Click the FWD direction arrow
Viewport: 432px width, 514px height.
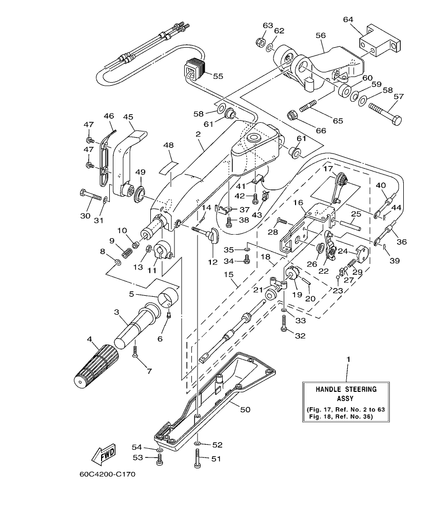click(x=103, y=453)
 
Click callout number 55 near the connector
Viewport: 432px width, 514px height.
click(x=218, y=76)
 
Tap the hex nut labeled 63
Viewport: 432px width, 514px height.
click(x=260, y=41)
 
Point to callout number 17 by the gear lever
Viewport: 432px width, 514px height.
click(x=327, y=168)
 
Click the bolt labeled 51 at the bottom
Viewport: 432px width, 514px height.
click(x=198, y=458)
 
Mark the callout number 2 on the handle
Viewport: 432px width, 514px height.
click(x=197, y=134)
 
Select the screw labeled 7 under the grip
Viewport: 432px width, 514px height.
click(x=135, y=352)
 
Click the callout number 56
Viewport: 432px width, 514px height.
click(x=321, y=35)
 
